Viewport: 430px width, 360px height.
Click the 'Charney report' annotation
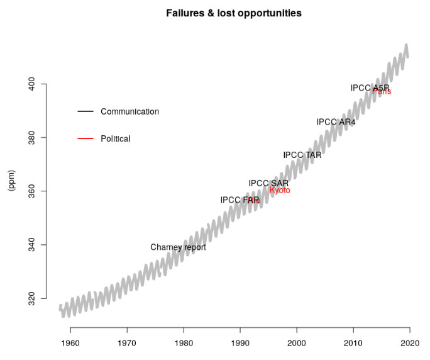[178, 247]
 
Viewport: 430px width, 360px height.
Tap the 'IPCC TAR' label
[302, 155]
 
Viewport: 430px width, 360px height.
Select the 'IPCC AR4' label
[336, 122]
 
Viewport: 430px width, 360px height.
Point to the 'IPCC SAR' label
[268, 183]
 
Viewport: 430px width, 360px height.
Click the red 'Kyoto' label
[280, 190]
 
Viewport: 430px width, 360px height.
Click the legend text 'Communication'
[130, 111]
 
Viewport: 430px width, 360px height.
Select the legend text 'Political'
[115, 138]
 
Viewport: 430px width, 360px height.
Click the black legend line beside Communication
[85, 111]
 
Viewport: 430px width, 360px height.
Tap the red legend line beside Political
[85, 138]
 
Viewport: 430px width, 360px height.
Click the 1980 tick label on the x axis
[184, 342]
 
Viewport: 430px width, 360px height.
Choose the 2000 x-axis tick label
[297, 342]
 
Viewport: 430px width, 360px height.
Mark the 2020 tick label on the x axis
[410, 342]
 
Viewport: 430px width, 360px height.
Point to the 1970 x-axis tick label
[127, 342]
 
